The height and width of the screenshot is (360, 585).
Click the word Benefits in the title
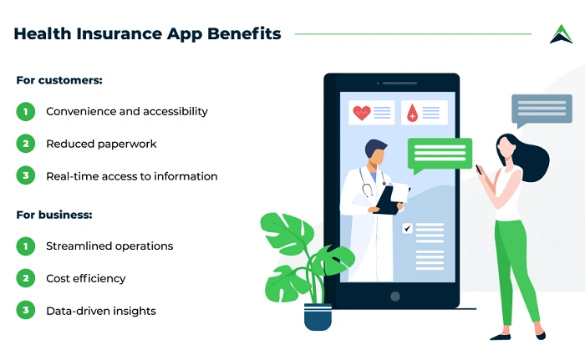click(244, 34)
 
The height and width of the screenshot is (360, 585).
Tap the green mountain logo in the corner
click(560, 34)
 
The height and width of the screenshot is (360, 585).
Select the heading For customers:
click(59, 80)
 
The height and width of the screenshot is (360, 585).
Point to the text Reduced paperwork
click(101, 144)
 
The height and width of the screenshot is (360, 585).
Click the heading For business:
click(54, 215)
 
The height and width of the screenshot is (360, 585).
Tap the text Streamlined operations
click(109, 246)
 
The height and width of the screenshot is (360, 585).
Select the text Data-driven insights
click(101, 311)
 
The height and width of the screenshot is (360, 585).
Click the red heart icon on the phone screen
click(361, 113)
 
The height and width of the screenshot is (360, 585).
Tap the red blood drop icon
click(412, 114)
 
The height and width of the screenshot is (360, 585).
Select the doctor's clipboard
click(390, 199)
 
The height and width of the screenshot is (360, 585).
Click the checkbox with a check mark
click(407, 228)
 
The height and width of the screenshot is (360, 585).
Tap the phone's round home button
click(394, 297)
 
